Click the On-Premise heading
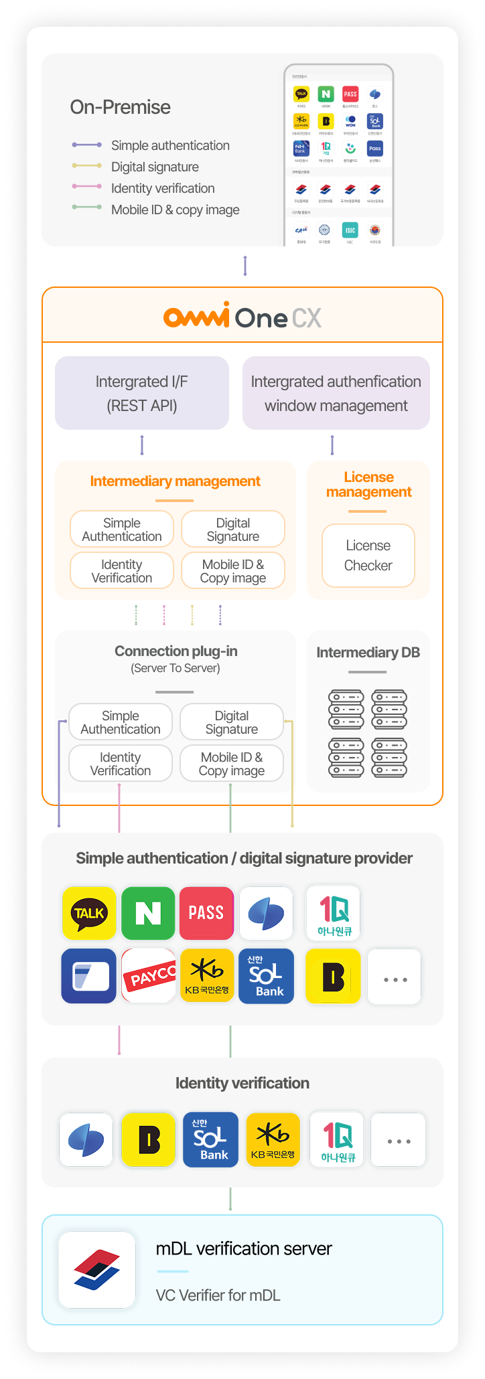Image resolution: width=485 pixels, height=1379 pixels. [x=120, y=107]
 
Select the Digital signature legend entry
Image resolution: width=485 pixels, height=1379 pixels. [x=155, y=167]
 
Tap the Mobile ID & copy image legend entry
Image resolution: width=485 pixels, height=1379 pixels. [x=175, y=210]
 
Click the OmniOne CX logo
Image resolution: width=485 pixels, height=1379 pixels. [x=242, y=316]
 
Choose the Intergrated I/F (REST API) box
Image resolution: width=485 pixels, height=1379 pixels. [x=142, y=393]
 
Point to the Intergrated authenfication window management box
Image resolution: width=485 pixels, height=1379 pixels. [x=336, y=393]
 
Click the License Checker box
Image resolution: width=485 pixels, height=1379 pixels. [x=368, y=556]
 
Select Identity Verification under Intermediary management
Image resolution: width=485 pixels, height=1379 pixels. [x=122, y=571]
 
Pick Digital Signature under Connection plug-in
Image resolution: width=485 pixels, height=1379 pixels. [x=232, y=722]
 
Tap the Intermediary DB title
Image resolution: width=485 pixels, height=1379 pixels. [x=368, y=653]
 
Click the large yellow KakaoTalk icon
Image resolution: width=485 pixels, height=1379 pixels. [x=89, y=913]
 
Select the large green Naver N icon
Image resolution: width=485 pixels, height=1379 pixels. [x=148, y=913]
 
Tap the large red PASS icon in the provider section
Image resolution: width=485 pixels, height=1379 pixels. [x=206, y=913]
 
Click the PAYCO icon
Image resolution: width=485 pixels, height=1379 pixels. [x=149, y=976]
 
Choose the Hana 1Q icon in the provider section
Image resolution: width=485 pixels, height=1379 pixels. [x=334, y=913]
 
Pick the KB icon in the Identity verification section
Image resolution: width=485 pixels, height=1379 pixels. [x=273, y=1139]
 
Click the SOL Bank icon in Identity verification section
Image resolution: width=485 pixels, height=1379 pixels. [x=210, y=1139]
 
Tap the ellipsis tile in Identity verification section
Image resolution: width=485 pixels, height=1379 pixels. [x=399, y=1139]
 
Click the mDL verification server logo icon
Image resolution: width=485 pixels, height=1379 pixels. [x=97, y=1270]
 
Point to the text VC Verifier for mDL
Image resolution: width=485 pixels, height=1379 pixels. [x=218, y=1295]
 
